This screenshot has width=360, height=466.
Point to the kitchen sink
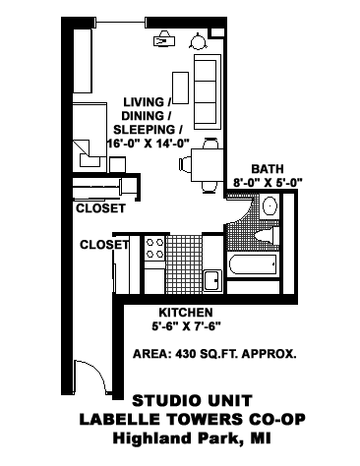coord(210,279)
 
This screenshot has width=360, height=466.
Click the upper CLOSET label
coord(100,209)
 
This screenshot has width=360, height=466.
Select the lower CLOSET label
coord(104,244)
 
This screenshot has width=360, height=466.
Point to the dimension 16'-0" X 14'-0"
coord(147,144)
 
